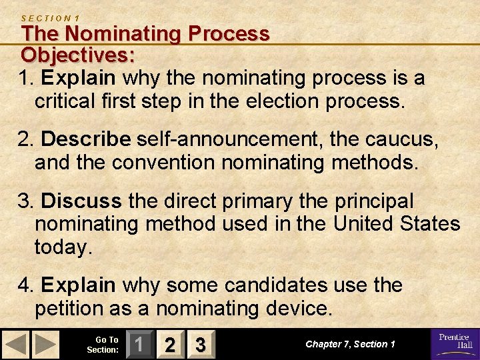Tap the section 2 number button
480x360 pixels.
(170, 344)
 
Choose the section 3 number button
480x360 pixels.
(199, 344)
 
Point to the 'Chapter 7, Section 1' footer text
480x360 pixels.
(350, 344)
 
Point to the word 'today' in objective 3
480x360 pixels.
(61, 247)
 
